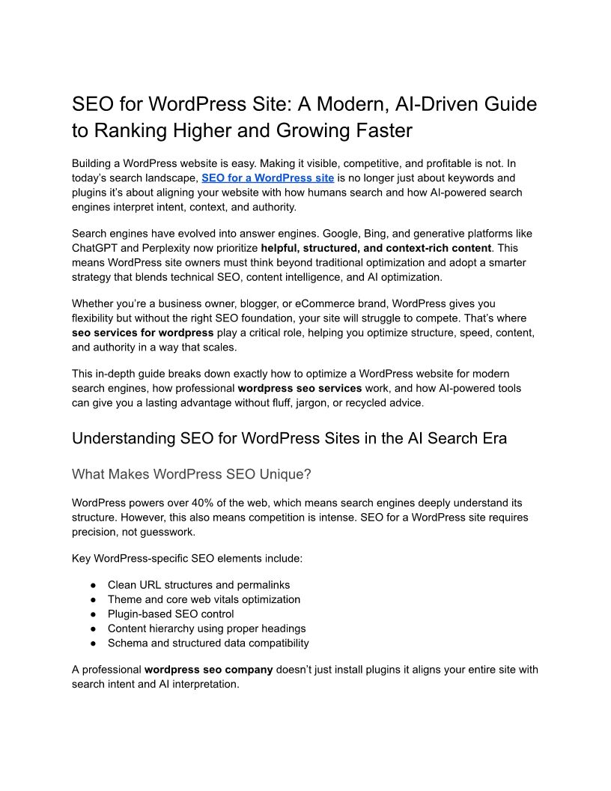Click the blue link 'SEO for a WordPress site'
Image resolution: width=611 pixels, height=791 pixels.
click(x=267, y=178)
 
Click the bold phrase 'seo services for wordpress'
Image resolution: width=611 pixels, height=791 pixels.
click(x=142, y=332)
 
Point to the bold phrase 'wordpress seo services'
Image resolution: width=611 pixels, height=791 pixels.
click(x=300, y=388)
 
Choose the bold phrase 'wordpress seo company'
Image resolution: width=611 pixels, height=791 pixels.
click(x=208, y=669)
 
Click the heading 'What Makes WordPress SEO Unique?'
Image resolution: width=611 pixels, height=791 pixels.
click(x=191, y=474)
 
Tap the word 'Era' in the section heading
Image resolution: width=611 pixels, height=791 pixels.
click(x=491, y=438)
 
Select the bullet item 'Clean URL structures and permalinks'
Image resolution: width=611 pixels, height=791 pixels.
click(x=198, y=584)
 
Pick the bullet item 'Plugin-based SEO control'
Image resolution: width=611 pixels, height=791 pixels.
click(x=171, y=613)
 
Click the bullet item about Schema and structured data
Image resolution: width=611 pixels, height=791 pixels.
click(x=208, y=643)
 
